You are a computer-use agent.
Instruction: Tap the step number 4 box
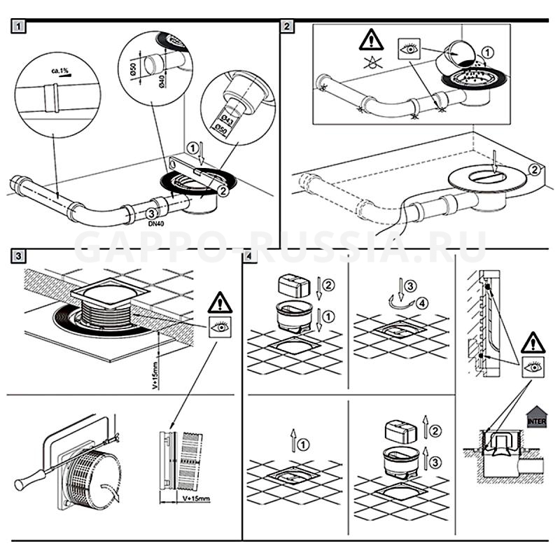pos(251,256)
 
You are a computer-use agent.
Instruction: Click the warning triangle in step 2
pos(371,41)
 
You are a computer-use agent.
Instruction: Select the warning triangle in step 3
pos(219,303)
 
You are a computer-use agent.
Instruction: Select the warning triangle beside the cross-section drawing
pos(533,343)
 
